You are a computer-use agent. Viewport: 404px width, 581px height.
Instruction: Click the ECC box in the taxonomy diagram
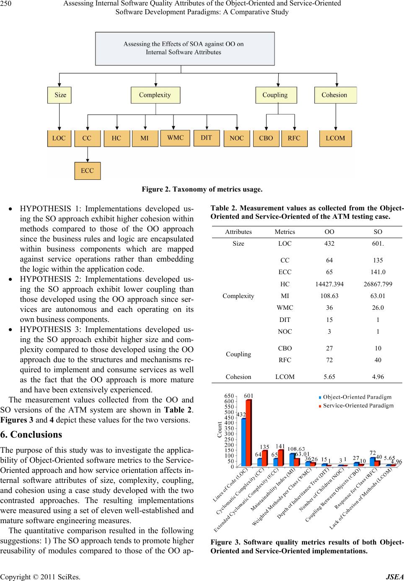coord(87,171)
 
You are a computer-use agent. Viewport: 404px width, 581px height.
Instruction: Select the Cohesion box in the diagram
coord(335,95)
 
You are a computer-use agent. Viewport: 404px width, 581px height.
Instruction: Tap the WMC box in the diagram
coord(175,138)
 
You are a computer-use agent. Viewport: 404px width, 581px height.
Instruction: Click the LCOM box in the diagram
coord(335,138)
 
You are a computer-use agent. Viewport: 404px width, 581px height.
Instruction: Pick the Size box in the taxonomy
coord(60,95)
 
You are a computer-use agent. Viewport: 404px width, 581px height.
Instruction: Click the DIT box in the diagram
coord(206,138)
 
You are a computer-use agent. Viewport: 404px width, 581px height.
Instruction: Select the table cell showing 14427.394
coord(329,284)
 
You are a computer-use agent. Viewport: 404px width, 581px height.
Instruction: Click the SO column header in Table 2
coord(378,231)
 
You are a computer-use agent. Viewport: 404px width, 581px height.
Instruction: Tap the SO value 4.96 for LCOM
coord(378,376)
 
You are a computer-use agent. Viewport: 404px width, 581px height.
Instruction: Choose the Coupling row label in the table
coord(238,354)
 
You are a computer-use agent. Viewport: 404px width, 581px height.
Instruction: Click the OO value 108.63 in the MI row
coord(329,296)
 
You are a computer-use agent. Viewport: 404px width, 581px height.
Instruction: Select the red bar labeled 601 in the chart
coord(249,433)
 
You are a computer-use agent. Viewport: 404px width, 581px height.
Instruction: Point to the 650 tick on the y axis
coord(229,396)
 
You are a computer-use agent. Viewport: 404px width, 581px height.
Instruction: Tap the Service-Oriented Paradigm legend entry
coord(356,405)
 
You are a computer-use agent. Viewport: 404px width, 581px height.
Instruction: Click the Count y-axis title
coord(219,430)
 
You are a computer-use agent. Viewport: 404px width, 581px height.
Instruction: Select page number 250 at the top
coord(6,4)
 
